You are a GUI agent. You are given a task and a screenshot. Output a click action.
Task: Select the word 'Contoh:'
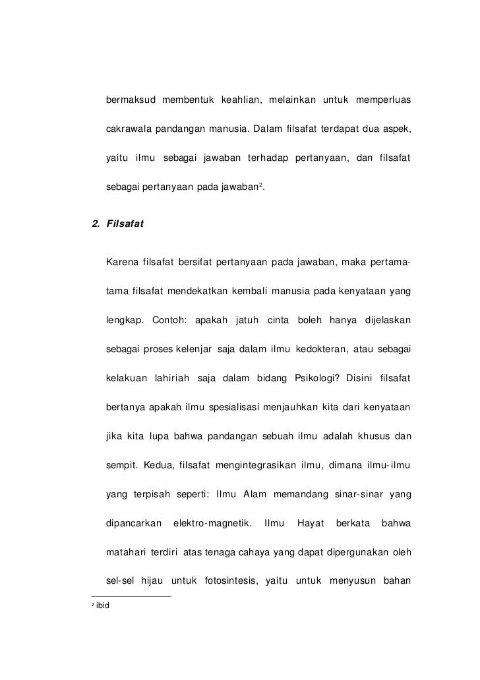(169, 321)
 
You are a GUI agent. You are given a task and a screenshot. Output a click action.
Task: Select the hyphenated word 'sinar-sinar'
(359, 495)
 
